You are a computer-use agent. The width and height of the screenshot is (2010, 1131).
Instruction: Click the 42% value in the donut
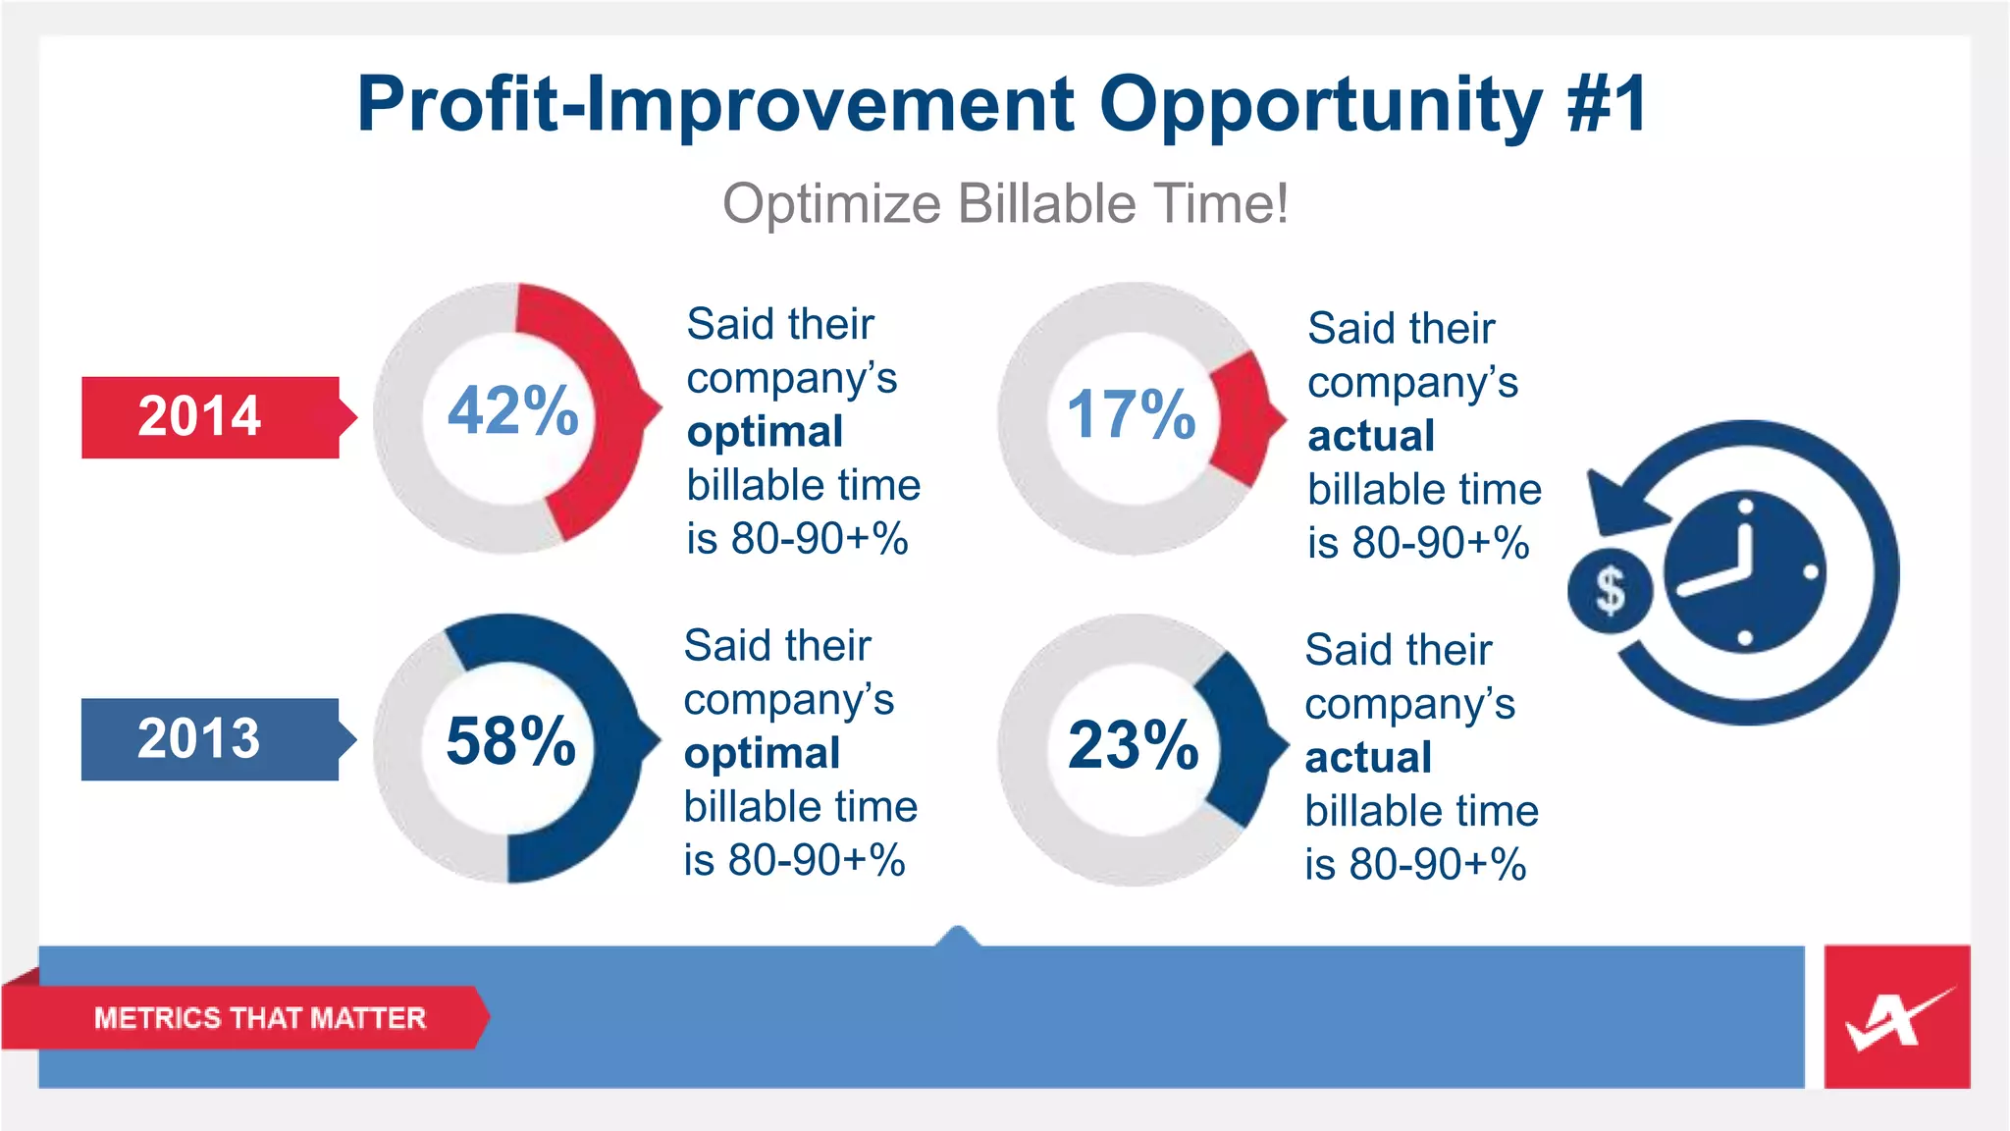[x=512, y=410]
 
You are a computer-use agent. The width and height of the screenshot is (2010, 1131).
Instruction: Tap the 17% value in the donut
[x=1131, y=414]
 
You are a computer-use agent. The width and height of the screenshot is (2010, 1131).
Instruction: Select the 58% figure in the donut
[x=510, y=741]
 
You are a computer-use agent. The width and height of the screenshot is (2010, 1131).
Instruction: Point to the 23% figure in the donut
[x=1133, y=745]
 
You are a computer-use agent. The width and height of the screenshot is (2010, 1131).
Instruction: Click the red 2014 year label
[x=200, y=416]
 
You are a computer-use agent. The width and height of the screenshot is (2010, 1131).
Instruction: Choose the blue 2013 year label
[x=199, y=738]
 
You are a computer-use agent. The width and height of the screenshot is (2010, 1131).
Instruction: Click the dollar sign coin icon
[x=1610, y=591]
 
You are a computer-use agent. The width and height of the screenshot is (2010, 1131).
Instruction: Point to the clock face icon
[x=1745, y=572]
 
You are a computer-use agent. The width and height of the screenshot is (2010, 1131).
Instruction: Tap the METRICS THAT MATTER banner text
[x=259, y=1018]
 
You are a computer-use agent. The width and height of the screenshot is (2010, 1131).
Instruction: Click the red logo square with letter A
[x=1896, y=1017]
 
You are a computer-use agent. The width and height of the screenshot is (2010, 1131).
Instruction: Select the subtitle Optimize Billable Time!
[x=1005, y=204]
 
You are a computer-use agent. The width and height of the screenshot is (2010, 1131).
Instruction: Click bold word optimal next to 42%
[x=765, y=432]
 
